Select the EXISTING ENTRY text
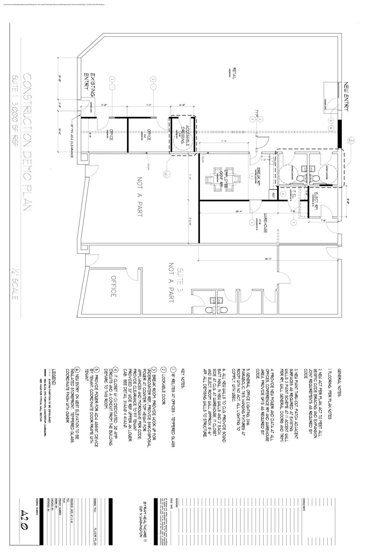tap(90, 82)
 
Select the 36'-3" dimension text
tap(268, 258)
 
